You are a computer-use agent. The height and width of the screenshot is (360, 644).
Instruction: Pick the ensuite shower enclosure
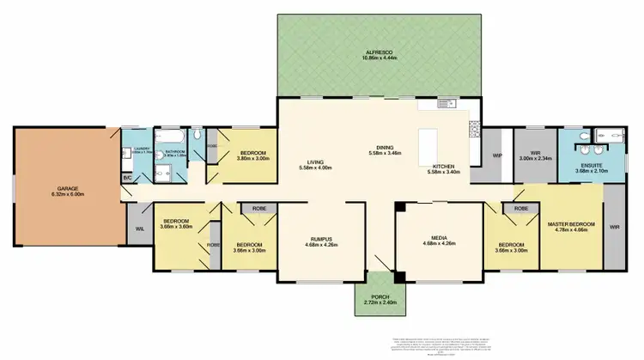point(614,137)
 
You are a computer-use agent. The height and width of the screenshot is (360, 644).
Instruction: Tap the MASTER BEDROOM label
point(570,225)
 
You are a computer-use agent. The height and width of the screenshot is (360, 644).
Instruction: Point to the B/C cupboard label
point(127,178)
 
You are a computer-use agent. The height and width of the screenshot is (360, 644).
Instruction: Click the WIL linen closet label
point(138,230)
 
